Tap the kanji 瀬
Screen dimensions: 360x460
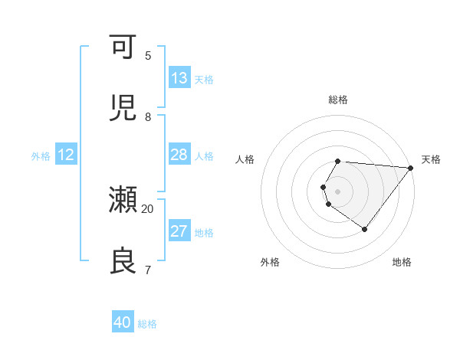click(x=123, y=200)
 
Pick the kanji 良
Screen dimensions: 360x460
click(x=123, y=261)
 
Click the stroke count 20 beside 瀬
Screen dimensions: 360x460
click(x=148, y=208)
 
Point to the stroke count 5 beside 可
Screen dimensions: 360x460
click(x=148, y=55)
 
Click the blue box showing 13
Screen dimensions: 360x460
click(x=179, y=78)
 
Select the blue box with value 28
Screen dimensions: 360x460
click(x=179, y=155)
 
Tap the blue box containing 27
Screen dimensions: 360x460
click(x=179, y=231)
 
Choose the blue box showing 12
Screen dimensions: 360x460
click(x=66, y=155)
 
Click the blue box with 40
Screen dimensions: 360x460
click(x=123, y=322)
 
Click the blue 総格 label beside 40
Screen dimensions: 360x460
click(x=147, y=324)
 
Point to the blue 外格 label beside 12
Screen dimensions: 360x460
click(x=41, y=156)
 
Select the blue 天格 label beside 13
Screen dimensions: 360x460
click(x=204, y=80)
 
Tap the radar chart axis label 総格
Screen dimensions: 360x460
click(x=338, y=100)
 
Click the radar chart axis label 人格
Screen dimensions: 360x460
click(x=245, y=159)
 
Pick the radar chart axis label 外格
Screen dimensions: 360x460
click(x=270, y=262)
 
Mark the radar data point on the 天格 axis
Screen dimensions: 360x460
click(x=411, y=168)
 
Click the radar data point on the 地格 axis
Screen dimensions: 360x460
click(x=365, y=229)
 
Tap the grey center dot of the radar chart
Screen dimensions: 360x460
click(x=338, y=191)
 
